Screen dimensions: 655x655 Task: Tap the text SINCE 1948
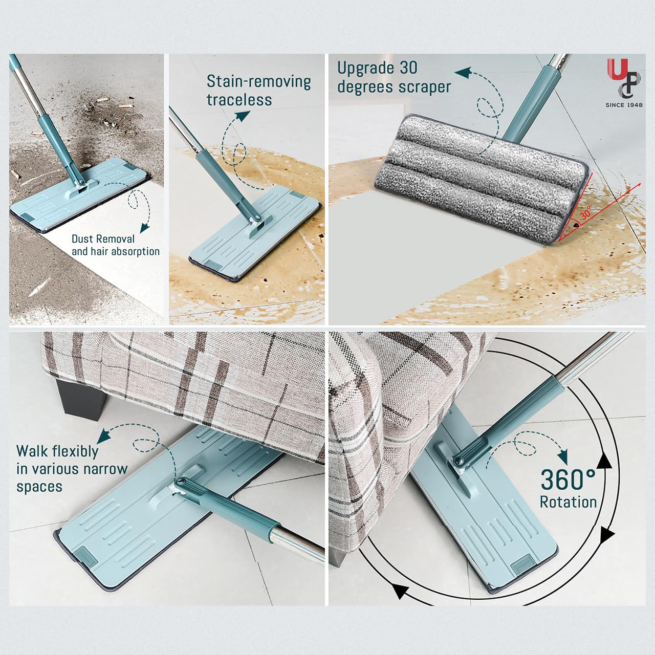[624, 105]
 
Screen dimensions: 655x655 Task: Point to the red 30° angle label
[585, 214]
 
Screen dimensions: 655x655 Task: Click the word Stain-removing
[258, 82]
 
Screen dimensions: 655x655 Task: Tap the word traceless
[239, 100]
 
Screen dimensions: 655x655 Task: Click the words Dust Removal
[103, 239]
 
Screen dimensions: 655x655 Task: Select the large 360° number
[568, 479]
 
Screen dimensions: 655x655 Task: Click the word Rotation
[569, 502]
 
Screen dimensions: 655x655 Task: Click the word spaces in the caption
[39, 487]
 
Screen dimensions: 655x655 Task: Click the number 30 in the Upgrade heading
[408, 68]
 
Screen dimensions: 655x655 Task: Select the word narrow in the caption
[105, 469]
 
